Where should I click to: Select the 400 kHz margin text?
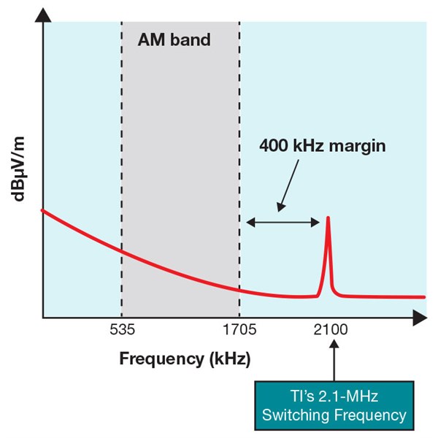click(322, 145)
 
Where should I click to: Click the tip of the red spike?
click(328, 218)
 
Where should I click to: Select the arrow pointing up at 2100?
click(333, 361)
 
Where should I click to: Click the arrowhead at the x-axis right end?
click(420, 318)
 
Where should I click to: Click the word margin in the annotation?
click(358, 145)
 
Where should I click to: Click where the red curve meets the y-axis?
click(44, 210)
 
